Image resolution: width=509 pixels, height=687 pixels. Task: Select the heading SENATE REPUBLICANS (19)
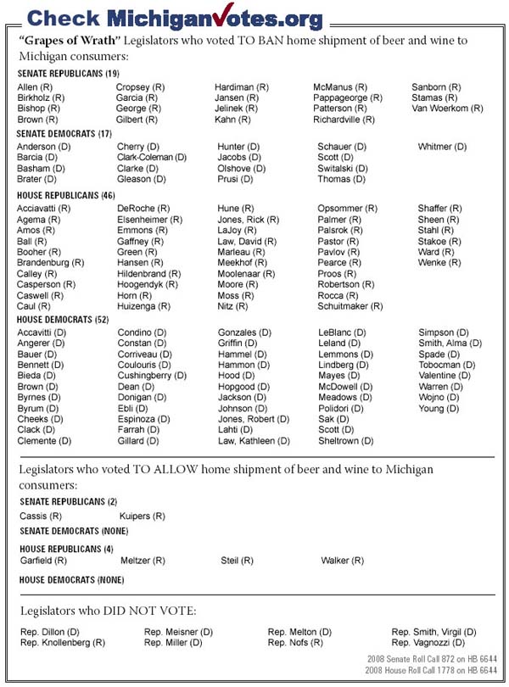(69, 74)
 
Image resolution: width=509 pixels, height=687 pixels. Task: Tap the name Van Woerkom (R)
(447, 109)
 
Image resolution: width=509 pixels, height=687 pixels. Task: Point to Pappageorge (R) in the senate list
(349, 98)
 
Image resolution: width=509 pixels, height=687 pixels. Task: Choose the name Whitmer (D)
(442, 147)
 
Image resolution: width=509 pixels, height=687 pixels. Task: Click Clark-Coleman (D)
(152, 158)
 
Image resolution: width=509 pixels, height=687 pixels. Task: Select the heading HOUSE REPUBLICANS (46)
(66, 195)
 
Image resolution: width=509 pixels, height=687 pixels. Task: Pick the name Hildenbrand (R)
(148, 274)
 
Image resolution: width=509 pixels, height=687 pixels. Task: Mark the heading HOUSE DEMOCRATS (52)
(64, 319)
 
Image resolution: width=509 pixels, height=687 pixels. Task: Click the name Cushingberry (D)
(151, 376)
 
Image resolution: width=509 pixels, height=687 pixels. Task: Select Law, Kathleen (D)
(259, 441)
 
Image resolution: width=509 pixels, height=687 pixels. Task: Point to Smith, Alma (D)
(450, 343)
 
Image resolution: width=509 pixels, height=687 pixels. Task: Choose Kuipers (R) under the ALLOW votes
(142, 516)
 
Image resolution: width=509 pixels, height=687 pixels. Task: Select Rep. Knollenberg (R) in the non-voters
(62, 643)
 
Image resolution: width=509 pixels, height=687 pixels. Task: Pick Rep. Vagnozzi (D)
(433, 643)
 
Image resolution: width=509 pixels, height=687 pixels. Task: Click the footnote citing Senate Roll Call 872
(429, 659)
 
